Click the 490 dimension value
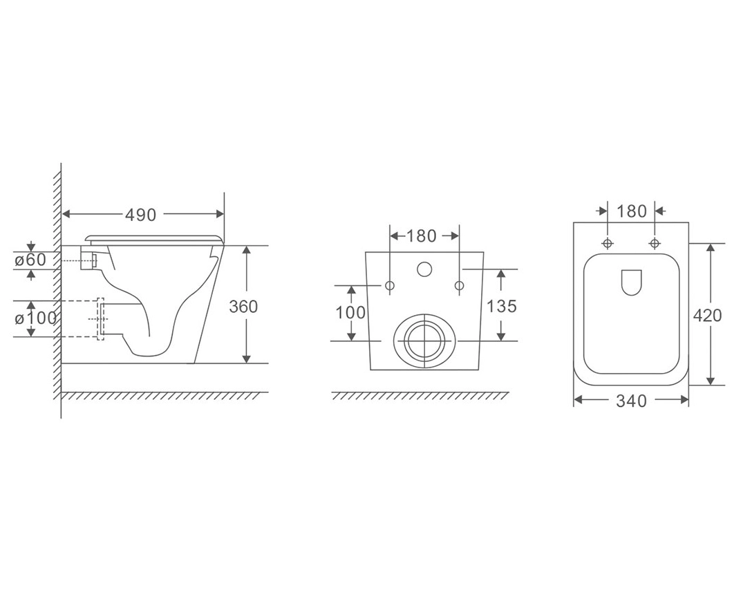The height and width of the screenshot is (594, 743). (140, 215)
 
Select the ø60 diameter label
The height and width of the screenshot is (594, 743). (30, 260)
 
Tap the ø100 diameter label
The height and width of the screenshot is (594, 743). (35, 318)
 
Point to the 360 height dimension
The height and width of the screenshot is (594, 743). (243, 307)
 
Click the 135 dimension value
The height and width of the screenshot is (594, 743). (502, 307)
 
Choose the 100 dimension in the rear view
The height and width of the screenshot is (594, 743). (350, 313)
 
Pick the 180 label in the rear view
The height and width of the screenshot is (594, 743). (422, 236)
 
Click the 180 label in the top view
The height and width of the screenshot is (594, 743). (632, 211)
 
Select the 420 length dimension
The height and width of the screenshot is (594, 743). (708, 315)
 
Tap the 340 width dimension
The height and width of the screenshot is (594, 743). (632, 401)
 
